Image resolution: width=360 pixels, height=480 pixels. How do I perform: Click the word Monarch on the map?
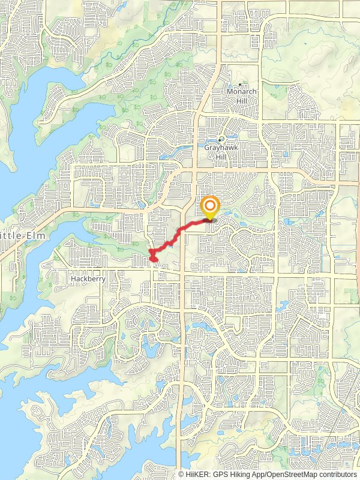(241, 92)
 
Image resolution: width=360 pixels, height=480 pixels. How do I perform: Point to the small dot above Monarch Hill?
(241, 84)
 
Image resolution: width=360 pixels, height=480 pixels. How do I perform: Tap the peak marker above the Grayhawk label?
(221, 139)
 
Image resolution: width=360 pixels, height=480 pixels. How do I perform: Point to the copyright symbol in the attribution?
(181, 474)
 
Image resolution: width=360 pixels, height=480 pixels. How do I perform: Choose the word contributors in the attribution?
(337, 474)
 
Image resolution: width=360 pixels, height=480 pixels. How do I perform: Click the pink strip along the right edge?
(357, 240)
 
